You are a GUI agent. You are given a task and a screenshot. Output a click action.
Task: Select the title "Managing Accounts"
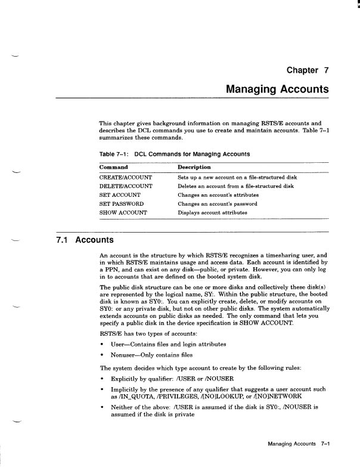(x=278, y=89)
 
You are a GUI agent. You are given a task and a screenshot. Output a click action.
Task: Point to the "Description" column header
(x=194, y=168)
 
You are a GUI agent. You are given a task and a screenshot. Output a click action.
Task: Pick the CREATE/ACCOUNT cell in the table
(x=126, y=178)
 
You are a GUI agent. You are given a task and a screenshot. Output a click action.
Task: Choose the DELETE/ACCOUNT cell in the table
(x=125, y=186)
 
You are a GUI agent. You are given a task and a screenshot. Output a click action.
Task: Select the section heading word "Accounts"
(x=95, y=240)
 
